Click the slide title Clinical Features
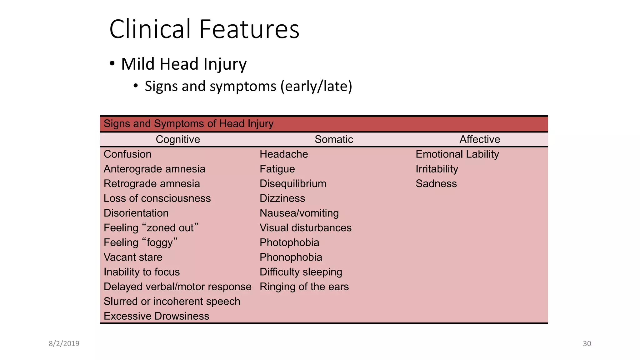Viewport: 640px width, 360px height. (204, 29)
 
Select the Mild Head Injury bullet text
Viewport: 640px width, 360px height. (184, 64)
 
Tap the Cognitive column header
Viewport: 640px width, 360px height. (178, 139)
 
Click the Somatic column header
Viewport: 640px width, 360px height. (334, 139)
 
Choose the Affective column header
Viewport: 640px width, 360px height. (480, 139)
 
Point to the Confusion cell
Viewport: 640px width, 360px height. (127, 154)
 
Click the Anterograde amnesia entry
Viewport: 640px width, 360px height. (154, 169)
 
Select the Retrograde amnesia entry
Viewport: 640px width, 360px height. (152, 183)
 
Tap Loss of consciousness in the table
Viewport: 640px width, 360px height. (157, 198)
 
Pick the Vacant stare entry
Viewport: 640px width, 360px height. (133, 257)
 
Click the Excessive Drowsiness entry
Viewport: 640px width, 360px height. (156, 316)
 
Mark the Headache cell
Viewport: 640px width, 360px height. (284, 154)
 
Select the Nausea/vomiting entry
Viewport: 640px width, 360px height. (299, 213)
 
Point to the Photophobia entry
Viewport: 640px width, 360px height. (289, 242)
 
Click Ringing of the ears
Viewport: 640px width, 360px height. (304, 287)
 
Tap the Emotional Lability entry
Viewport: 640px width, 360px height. (457, 154)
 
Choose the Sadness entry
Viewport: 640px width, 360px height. (436, 183)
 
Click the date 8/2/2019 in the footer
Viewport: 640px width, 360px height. (64, 344)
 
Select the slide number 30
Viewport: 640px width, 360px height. (587, 344)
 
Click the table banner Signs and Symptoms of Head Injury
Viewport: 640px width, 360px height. (188, 124)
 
